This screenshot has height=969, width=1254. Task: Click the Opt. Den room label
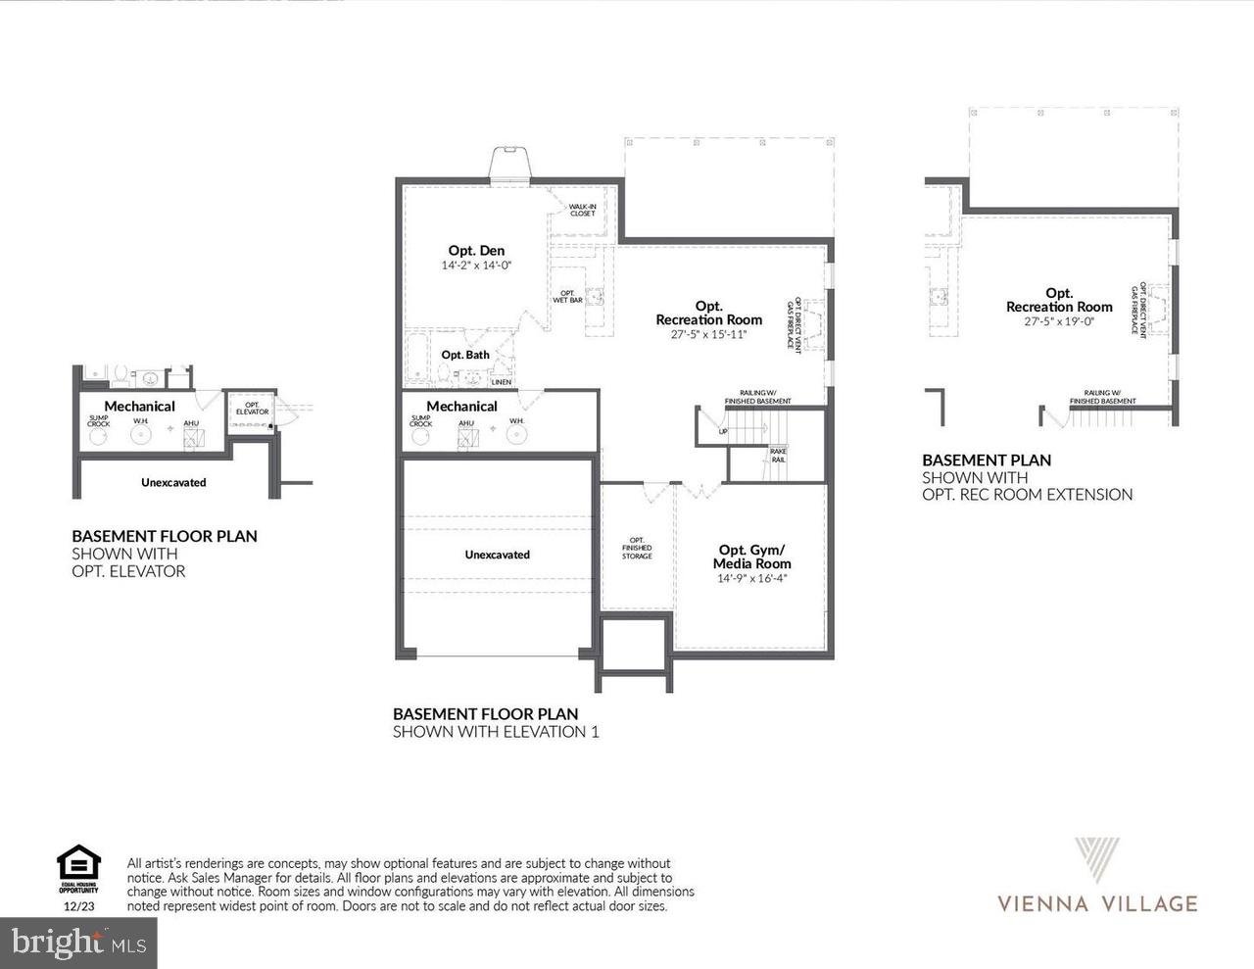(x=476, y=251)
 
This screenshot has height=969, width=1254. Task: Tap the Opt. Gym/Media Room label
(x=751, y=557)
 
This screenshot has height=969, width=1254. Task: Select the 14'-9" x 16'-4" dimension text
(x=751, y=578)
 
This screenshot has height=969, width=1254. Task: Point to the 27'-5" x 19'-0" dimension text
(x=1059, y=321)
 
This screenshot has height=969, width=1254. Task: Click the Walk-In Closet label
(x=582, y=210)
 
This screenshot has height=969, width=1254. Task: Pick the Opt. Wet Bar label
(x=567, y=296)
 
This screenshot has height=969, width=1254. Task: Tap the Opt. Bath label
(x=465, y=355)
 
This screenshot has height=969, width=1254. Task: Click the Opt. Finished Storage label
(x=637, y=548)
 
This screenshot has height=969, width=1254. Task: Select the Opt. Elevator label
(x=252, y=409)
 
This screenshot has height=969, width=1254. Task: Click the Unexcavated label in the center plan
(x=497, y=555)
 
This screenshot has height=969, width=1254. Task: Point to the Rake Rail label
(x=778, y=456)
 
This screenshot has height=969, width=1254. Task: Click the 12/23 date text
(x=78, y=907)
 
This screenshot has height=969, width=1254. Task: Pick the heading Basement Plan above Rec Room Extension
(x=987, y=460)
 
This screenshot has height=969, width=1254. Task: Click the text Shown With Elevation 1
(x=495, y=732)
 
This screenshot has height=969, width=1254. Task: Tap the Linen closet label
(x=501, y=382)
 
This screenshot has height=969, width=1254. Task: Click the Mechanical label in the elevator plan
(x=139, y=406)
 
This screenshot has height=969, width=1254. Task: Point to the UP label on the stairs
(x=723, y=431)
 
